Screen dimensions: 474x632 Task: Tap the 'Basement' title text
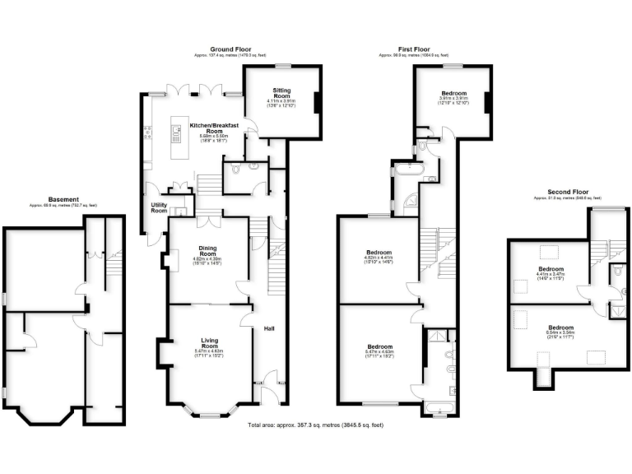(63, 199)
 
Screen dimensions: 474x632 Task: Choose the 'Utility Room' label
(158, 208)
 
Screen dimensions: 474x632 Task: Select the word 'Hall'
(268, 328)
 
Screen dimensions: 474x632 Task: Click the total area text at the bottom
(315, 425)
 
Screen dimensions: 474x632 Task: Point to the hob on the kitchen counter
(148, 132)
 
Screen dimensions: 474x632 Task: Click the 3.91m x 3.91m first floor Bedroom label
(453, 95)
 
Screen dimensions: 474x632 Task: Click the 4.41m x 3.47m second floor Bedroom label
(551, 272)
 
